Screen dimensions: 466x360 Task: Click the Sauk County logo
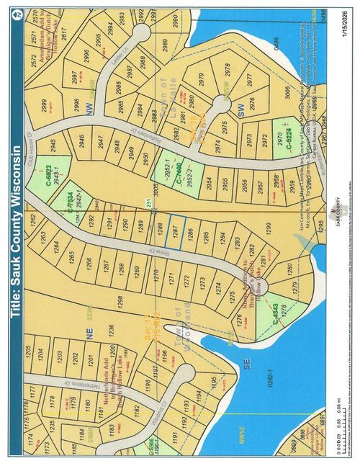(x=332, y=210)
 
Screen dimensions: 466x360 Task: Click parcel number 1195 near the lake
(x=212, y=380)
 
